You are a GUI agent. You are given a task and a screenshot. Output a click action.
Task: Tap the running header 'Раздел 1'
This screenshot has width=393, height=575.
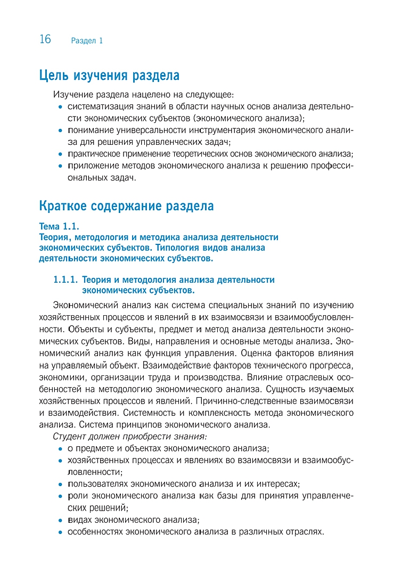tap(86, 40)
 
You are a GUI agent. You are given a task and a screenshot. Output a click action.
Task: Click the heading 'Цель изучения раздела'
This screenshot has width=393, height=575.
tap(109, 76)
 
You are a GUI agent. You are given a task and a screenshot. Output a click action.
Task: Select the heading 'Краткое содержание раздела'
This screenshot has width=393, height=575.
tap(127, 206)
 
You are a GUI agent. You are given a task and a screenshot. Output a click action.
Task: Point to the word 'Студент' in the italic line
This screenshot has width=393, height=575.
tap(69, 437)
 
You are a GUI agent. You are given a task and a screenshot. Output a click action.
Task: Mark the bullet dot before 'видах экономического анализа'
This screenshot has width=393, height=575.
tap(61, 520)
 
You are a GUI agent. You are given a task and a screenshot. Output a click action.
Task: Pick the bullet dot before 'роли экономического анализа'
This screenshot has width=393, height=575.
tap(61, 496)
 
